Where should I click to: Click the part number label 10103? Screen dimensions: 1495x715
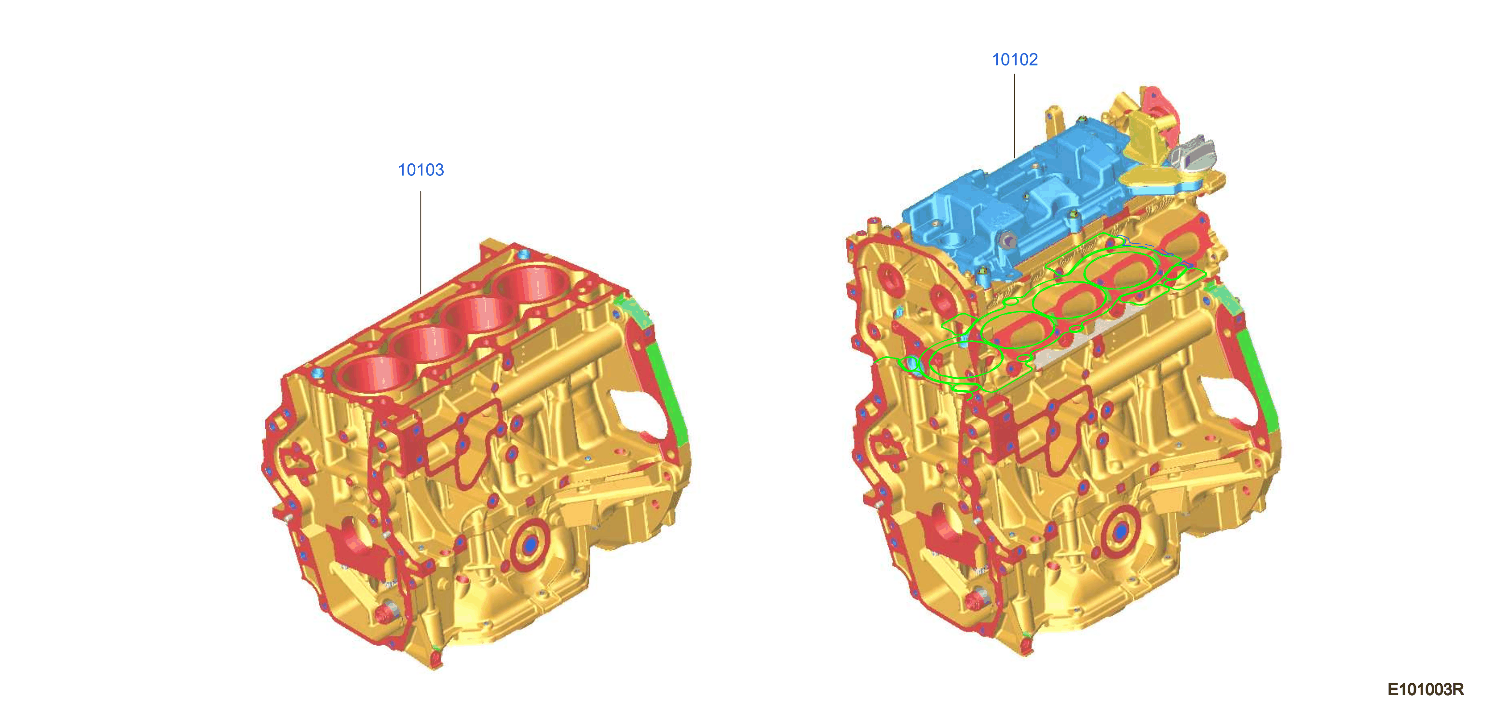click(x=421, y=170)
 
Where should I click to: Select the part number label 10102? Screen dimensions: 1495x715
click(x=1015, y=59)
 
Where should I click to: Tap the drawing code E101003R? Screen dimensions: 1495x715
click(x=1426, y=689)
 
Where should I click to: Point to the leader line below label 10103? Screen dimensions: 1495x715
click(x=421, y=243)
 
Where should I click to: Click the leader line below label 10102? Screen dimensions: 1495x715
click(x=1015, y=116)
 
